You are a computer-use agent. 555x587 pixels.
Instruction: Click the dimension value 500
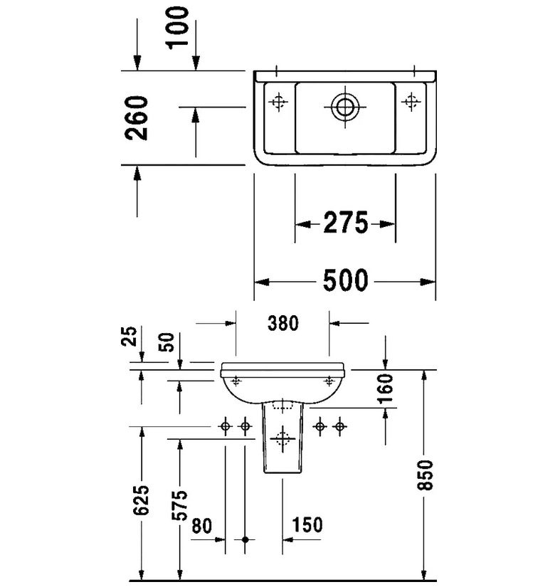[346, 281]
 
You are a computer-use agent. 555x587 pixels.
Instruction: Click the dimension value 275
[345, 224]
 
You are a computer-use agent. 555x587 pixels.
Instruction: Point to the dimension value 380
[282, 324]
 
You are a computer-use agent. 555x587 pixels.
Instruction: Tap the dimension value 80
[201, 526]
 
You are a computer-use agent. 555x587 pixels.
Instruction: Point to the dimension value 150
[307, 526]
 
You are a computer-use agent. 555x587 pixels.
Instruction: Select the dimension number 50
[166, 342]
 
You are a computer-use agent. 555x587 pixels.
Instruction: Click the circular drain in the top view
[345, 107]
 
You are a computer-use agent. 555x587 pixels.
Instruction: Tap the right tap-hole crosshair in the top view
[411, 102]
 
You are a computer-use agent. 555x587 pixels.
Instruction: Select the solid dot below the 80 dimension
[245, 540]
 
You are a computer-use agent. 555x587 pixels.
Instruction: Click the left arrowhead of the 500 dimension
[260, 282]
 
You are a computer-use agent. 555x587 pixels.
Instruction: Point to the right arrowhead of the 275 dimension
[390, 225]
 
